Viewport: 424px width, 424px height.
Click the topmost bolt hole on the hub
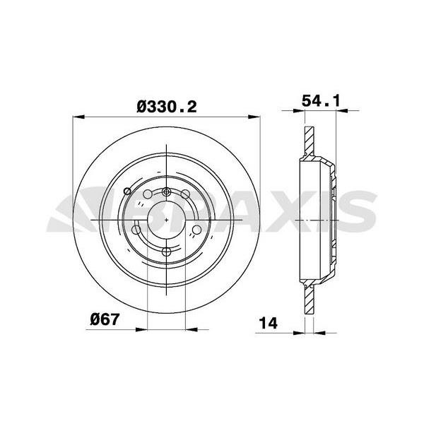[x=166, y=192]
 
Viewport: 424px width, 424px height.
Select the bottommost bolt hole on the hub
[x=166, y=251]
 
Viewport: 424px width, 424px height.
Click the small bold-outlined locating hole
[x=126, y=192]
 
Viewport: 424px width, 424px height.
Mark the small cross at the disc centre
[x=166, y=221]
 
